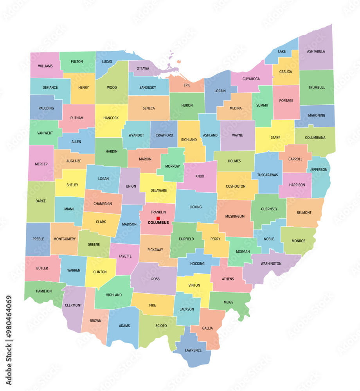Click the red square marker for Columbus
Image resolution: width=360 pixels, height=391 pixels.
[x=158, y=218]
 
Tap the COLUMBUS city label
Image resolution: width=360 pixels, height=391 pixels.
[x=158, y=223]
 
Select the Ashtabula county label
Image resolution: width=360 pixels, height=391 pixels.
[x=316, y=51]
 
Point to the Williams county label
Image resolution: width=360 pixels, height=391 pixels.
[x=45, y=66]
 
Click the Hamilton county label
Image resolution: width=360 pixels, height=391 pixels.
[x=44, y=291]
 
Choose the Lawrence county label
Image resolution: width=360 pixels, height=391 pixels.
[x=193, y=350]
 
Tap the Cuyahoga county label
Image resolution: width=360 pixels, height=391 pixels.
[x=251, y=79]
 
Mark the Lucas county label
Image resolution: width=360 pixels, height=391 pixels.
[x=107, y=61]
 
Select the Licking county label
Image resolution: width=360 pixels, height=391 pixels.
[x=196, y=207]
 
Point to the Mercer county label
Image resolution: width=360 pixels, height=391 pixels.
[x=41, y=164]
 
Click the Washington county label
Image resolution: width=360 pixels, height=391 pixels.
[x=271, y=264]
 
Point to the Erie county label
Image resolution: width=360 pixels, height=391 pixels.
[x=187, y=85]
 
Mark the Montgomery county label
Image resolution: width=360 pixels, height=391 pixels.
[x=65, y=239]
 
